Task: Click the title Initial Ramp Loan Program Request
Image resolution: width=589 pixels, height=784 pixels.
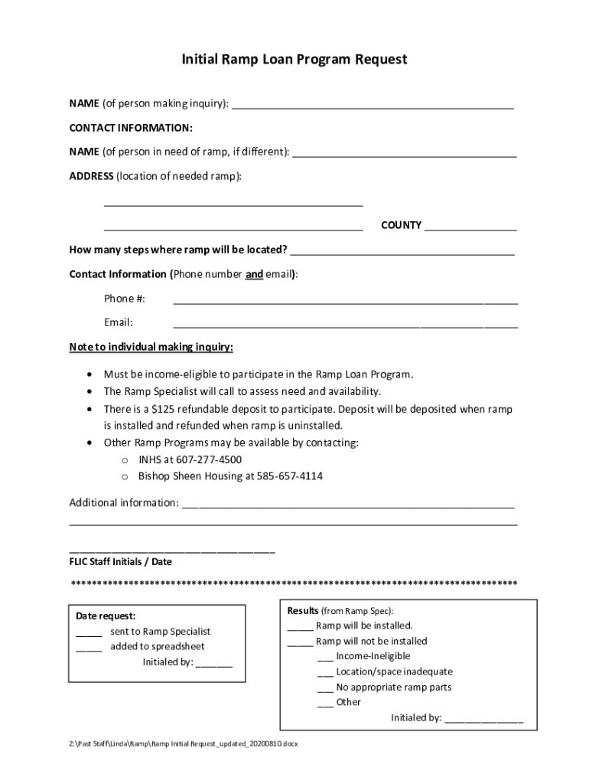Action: coord(294,59)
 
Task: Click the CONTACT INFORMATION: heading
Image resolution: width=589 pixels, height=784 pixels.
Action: coord(131,127)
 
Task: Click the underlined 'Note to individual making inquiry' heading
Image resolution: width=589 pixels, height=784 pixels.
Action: coord(151,348)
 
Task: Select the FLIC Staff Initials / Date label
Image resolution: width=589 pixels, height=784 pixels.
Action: coord(121,561)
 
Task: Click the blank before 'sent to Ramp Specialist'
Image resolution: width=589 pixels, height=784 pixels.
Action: coord(89,633)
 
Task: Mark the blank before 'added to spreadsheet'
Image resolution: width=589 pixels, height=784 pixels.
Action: coord(89,648)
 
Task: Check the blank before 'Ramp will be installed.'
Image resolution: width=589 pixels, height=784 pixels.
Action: coord(300,627)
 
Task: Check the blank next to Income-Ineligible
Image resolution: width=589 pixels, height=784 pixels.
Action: coord(324,658)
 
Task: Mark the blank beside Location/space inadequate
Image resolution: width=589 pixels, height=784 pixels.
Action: coord(324,673)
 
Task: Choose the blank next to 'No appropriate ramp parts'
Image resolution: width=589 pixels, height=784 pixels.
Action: coord(324,688)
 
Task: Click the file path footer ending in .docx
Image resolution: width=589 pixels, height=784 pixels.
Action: coord(183,743)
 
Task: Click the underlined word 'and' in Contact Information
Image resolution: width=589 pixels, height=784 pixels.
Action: coord(254,274)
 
